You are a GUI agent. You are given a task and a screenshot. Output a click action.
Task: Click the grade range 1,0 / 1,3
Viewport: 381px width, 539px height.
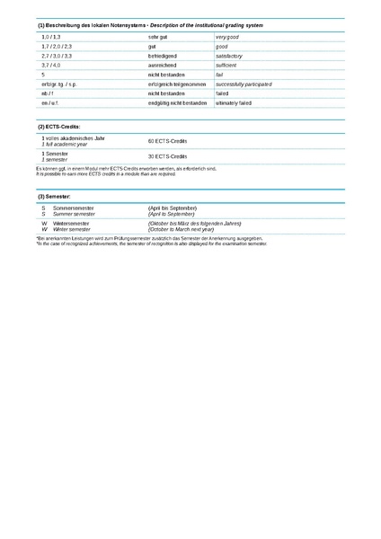[x=51, y=37]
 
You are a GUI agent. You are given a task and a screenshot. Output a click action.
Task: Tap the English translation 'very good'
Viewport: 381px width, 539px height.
[x=227, y=37]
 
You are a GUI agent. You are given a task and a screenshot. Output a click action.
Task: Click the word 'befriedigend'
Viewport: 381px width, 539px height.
[x=162, y=56]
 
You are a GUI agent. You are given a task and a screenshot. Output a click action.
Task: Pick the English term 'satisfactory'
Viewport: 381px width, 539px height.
[x=231, y=56]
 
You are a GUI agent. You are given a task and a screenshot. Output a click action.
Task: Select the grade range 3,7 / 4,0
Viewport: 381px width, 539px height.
[x=51, y=65]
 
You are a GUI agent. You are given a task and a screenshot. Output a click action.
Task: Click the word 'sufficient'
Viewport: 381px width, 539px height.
[x=228, y=65]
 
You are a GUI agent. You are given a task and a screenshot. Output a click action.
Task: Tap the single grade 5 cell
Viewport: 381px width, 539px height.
[x=43, y=75]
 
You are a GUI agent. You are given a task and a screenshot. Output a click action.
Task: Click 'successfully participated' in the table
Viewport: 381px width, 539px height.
[x=244, y=84]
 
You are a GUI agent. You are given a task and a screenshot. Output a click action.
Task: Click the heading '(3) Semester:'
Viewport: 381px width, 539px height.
[x=55, y=195]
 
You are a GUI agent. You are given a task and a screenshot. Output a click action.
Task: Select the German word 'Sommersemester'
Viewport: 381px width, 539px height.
[x=74, y=208]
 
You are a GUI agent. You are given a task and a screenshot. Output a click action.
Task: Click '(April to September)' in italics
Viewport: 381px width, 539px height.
[x=172, y=214]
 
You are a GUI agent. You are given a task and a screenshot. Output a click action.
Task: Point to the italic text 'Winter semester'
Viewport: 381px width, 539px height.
[x=73, y=229]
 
